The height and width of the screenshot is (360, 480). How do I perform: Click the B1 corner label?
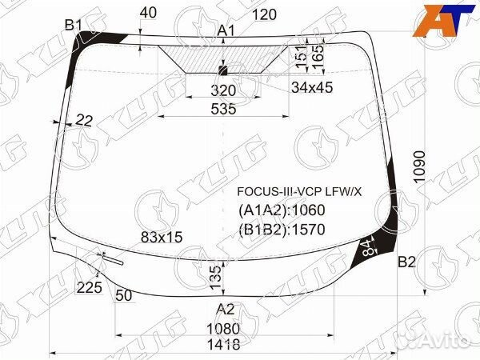click(x=74, y=26)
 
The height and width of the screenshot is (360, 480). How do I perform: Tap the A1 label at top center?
click(x=226, y=31)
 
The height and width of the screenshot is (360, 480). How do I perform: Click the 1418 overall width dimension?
click(x=224, y=346)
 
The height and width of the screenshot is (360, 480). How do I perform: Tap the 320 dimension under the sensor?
click(x=224, y=90)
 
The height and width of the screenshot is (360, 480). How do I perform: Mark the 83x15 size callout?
click(x=162, y=237)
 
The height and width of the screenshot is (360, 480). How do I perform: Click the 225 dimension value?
click(x=90, y=288)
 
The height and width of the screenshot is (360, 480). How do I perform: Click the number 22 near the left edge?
click(x=84, y=121)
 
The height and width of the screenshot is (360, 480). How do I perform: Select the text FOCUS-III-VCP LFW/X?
click(x=298, y=192)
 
